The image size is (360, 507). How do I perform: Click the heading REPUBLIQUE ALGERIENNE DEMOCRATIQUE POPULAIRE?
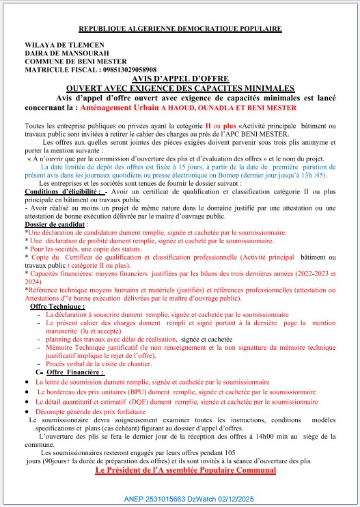coord(180,29)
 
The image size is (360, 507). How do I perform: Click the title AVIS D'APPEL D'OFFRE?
coord(180,79)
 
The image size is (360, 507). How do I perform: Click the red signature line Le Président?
coord(186,471)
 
